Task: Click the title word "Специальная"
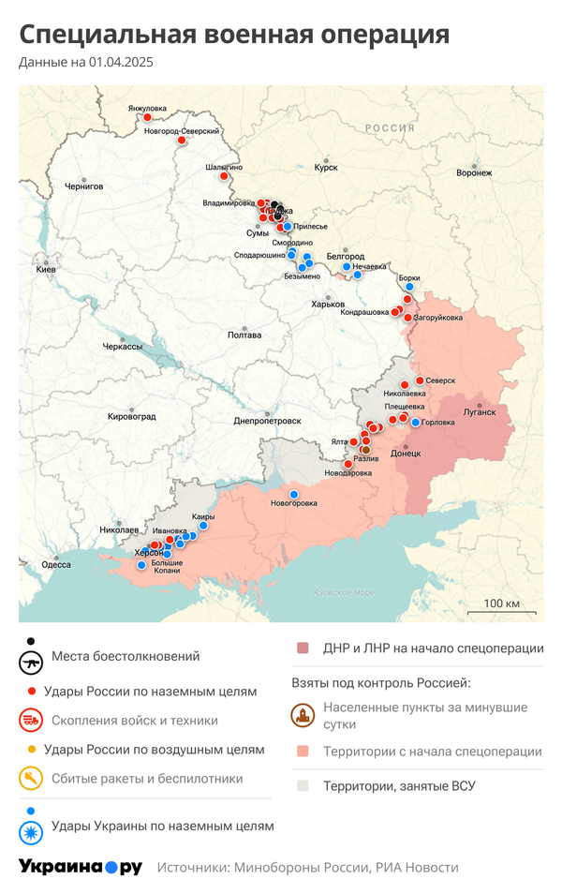[105, 35]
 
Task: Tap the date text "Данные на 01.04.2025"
[85, 63]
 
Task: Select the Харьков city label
[328, 305]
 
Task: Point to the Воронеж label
[473, 172]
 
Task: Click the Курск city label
[326, 168]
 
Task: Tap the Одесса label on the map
[56, 564]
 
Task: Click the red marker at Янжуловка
[147, 118]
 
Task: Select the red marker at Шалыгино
[224, 176]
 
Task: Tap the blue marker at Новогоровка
[294, 494]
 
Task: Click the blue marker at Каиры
[204, 527]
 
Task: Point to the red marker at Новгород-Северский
[181, 142]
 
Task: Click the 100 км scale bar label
[500, 603]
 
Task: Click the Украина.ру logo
[81, 867]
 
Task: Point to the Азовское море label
[343, 592]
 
